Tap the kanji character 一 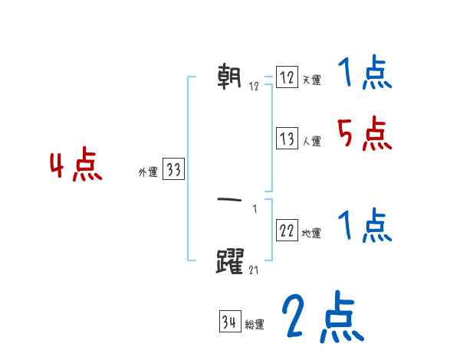[231, 199]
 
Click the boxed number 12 [287, 78]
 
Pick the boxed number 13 [287, 139]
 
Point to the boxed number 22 [287, 231]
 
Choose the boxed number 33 [173, 170]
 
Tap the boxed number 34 [229, 322]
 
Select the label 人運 [311, 141]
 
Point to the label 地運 [311, 233]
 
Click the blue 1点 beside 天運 [365, 74]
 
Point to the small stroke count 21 [254, 270]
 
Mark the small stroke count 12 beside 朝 [254, 86]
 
